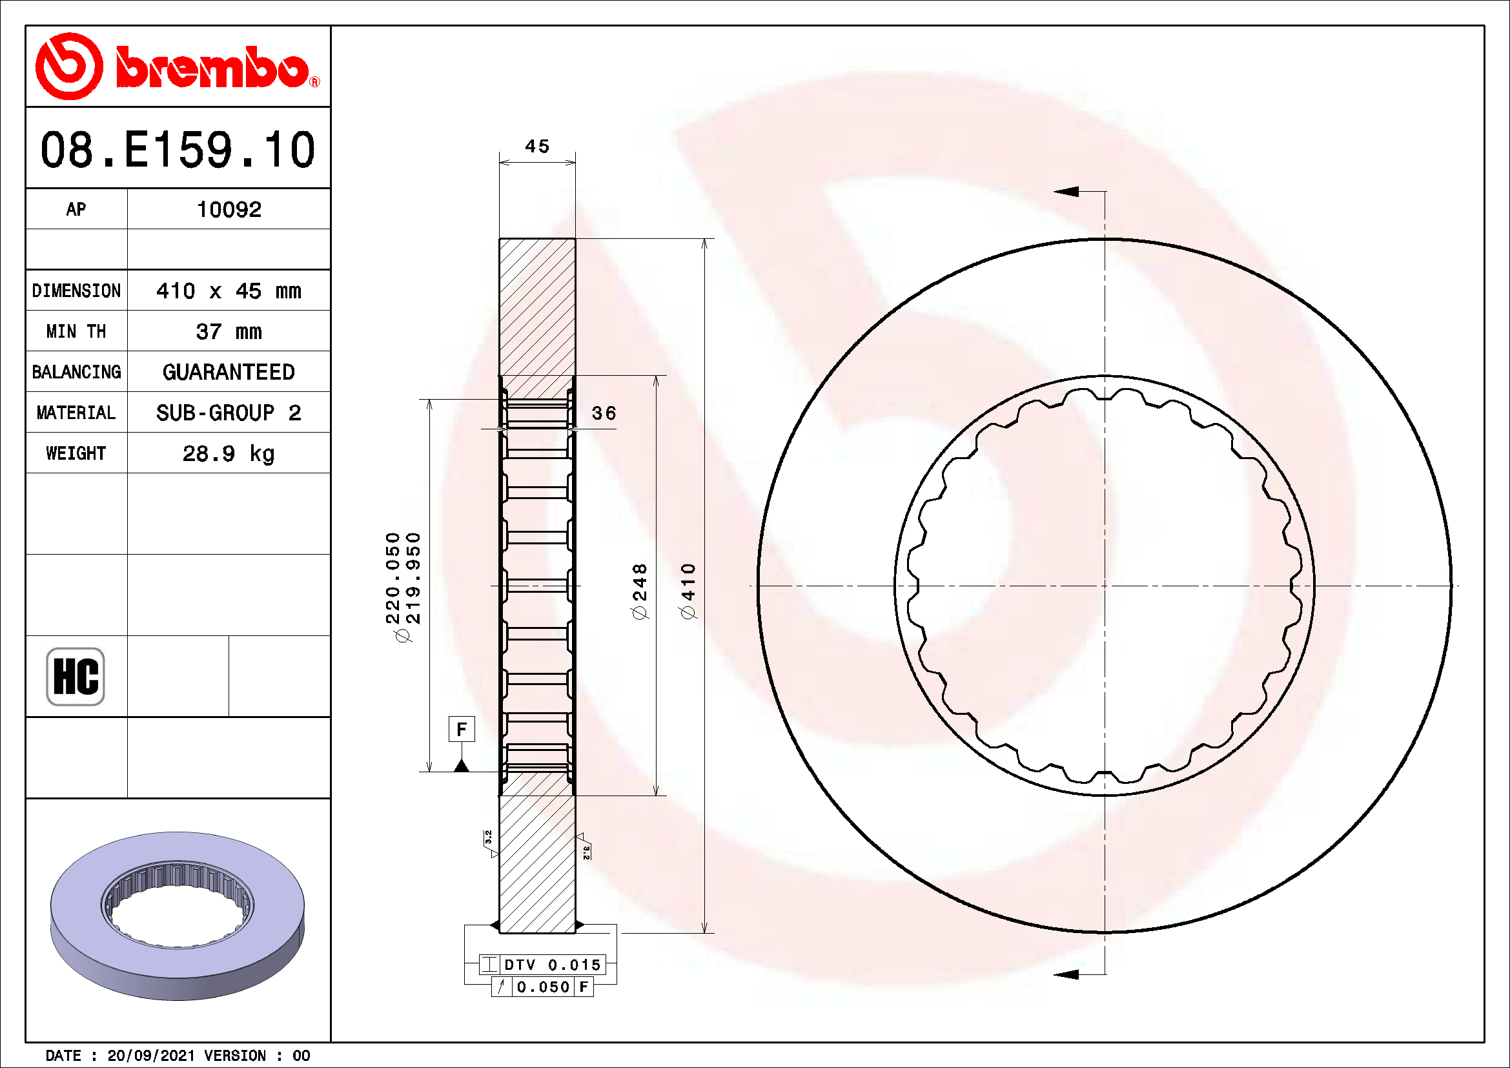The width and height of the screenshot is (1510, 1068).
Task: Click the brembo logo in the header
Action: coord(178,67)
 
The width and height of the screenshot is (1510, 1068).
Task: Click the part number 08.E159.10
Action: coord(178,149)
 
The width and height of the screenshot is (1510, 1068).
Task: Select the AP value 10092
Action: coord(229,210)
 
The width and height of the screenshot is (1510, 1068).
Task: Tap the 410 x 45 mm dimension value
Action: coord(229,291)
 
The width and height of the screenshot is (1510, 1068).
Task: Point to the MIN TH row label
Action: coord(76,331)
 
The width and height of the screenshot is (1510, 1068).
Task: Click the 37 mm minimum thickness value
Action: coord(229,331)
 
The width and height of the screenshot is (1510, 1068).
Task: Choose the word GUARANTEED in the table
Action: coord(229,372)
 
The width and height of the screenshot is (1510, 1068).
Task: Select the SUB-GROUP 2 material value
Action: coord(229,413)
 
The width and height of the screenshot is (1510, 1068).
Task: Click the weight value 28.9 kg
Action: coord(229,454)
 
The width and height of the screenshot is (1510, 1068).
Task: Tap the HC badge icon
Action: coord(76,677)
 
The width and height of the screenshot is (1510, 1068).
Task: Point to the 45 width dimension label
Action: coord(537,146)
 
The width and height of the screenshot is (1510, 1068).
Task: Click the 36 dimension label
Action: coord(604,413)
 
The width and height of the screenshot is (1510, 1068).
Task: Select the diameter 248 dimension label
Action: coord(639,591)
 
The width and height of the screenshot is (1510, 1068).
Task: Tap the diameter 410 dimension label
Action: coord(688,591)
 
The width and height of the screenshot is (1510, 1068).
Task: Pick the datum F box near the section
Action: coord(462,728)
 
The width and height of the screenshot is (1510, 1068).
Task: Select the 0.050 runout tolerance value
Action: coord(543,987)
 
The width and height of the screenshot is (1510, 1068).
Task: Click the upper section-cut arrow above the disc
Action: coord(1067,191)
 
